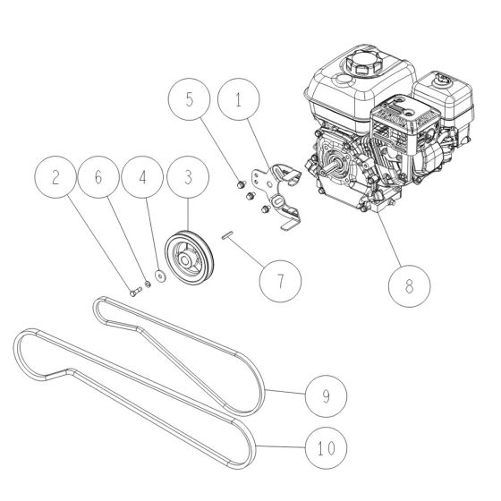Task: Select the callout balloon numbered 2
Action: tap(58, 177)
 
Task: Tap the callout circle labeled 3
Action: tap(187, 177)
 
